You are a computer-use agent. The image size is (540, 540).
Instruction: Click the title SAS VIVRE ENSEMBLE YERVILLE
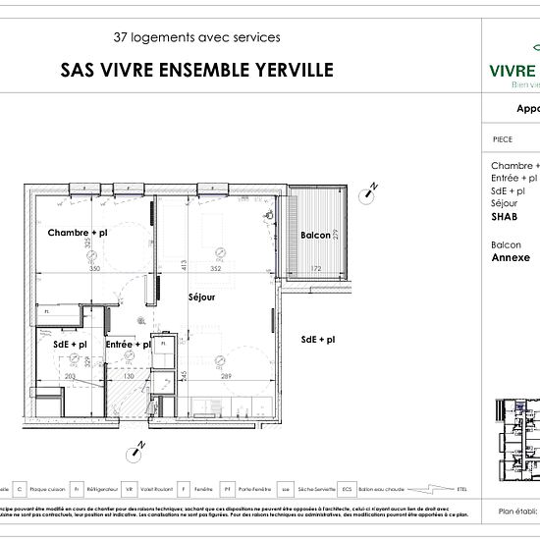click(197, 70)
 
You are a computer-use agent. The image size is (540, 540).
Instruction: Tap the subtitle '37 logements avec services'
click(197, 37)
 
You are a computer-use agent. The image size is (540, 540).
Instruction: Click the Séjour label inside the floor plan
click(202, 295)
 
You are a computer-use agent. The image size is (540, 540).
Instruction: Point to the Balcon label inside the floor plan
click(315, 236)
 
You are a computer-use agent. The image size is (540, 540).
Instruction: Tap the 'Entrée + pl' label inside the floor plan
click(128, 345)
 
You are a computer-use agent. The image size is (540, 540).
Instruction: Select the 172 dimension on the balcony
click(316, 268)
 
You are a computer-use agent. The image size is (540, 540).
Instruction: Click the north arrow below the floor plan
click(135, 451)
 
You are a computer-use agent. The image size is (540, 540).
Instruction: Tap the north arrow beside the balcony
click(369, 191)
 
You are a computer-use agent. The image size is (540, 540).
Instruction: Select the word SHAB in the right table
click(504, 216)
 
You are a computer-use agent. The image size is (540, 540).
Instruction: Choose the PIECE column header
click(502, 139)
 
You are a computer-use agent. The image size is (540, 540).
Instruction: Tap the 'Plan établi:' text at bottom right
click(517, 512)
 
